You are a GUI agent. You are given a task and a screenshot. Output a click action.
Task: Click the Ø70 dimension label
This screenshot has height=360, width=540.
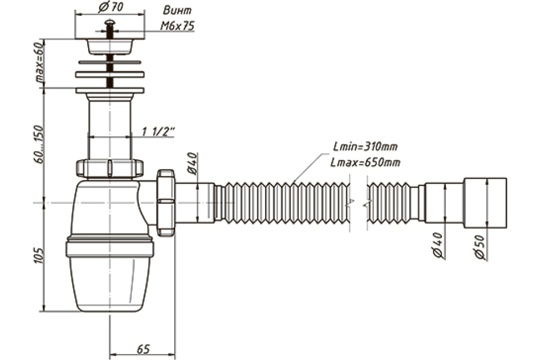(x=111, y=7)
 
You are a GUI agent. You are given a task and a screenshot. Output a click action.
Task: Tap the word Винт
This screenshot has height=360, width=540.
(x=178, y=10)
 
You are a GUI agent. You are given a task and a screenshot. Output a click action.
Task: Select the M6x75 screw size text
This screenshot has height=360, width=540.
(x=178, y=26)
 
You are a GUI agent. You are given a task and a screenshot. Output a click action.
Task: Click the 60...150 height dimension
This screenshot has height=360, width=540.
(x=39, y=144)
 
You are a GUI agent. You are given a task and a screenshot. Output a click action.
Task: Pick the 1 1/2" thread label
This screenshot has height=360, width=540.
(x=158, y=132)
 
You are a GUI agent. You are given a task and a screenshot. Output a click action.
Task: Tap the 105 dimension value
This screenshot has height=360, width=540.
(x=39, y=255)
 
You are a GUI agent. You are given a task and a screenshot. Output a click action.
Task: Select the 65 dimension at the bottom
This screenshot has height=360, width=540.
(x=143, y=349)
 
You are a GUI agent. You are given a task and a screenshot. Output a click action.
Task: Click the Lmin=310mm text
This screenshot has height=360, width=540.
(x=365, y=147)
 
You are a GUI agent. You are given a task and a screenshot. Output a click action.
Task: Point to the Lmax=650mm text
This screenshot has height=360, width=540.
(x=365, y=162)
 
